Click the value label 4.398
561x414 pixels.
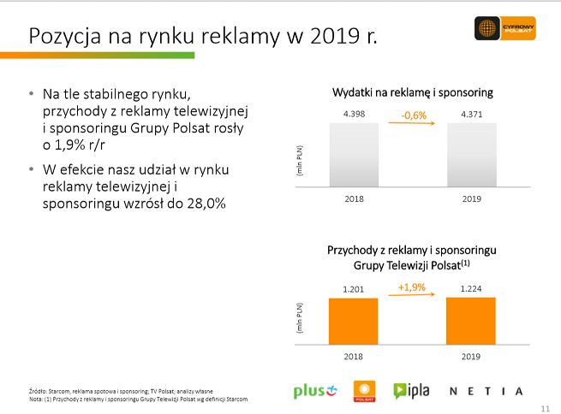coord(353,114)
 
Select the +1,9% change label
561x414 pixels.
coord(412,287)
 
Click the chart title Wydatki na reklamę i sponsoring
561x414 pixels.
coord(412,92)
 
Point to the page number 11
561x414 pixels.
coord(546,406)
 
